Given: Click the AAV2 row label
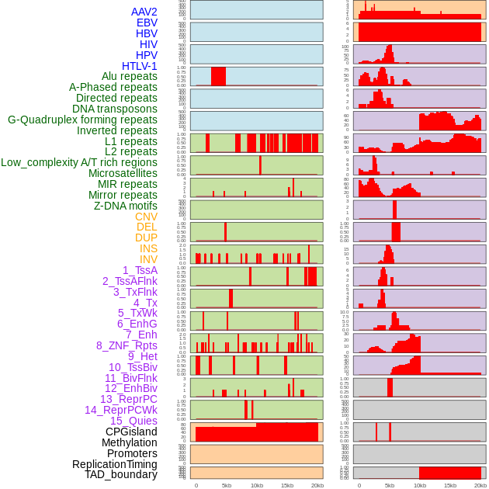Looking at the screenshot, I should click(x=144, y=12).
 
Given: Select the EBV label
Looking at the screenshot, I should click(x=147, y=23).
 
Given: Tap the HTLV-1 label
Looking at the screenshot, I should click(x=139, y=66).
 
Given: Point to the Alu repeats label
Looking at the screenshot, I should click(x=130, y=76).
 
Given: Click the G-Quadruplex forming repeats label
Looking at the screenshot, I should click(x=82, y=120).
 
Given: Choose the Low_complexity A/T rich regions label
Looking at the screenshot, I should click(x=79, y=162).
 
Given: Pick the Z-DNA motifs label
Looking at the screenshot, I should click(x=125, y=206).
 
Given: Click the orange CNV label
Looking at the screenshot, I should click(x=146, y=217).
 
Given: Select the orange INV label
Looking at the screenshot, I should click(x=148, y=259).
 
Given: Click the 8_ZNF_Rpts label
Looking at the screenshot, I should click(x=127, y=345).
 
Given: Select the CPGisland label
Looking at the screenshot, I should click(x=131, y=432).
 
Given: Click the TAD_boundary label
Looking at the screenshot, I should click(x=121, y=474).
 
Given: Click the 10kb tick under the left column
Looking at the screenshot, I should click(x=256, y=485).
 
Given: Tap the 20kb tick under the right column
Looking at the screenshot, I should click(x=480, y=485).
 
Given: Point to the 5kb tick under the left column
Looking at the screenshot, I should click(x=226, y=485).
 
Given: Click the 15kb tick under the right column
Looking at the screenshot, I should click(x=450, y=485).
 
